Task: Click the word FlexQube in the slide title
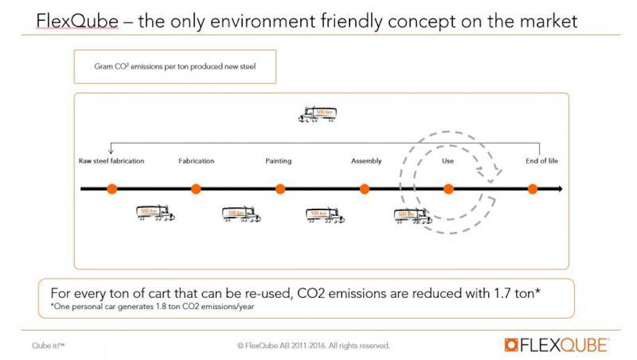[x=77, y=22]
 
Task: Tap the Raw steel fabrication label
[x=111, y=161]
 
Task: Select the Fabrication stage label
[x=196, y=161]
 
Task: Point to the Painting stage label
[x=278, y=161]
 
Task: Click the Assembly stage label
[x=366, y=161]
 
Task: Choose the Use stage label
[x=448, y=161]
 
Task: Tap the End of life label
[x=542, y=161]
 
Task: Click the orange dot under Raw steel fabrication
[x=112, y=189]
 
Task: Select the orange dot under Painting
[x=280, y=189]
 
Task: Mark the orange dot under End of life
[x=532, y=189]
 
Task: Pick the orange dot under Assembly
[x=365, y=189]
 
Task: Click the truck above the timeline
[x=317, y=114]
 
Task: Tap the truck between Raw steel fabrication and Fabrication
[x=155, y=213]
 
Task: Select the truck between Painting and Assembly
[x=325, y=215]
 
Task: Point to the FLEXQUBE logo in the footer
[x=557, y=344]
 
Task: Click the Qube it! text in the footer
[x=49, y=345]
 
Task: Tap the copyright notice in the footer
[x=314, y=345]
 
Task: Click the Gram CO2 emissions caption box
[x=175, y=67]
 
